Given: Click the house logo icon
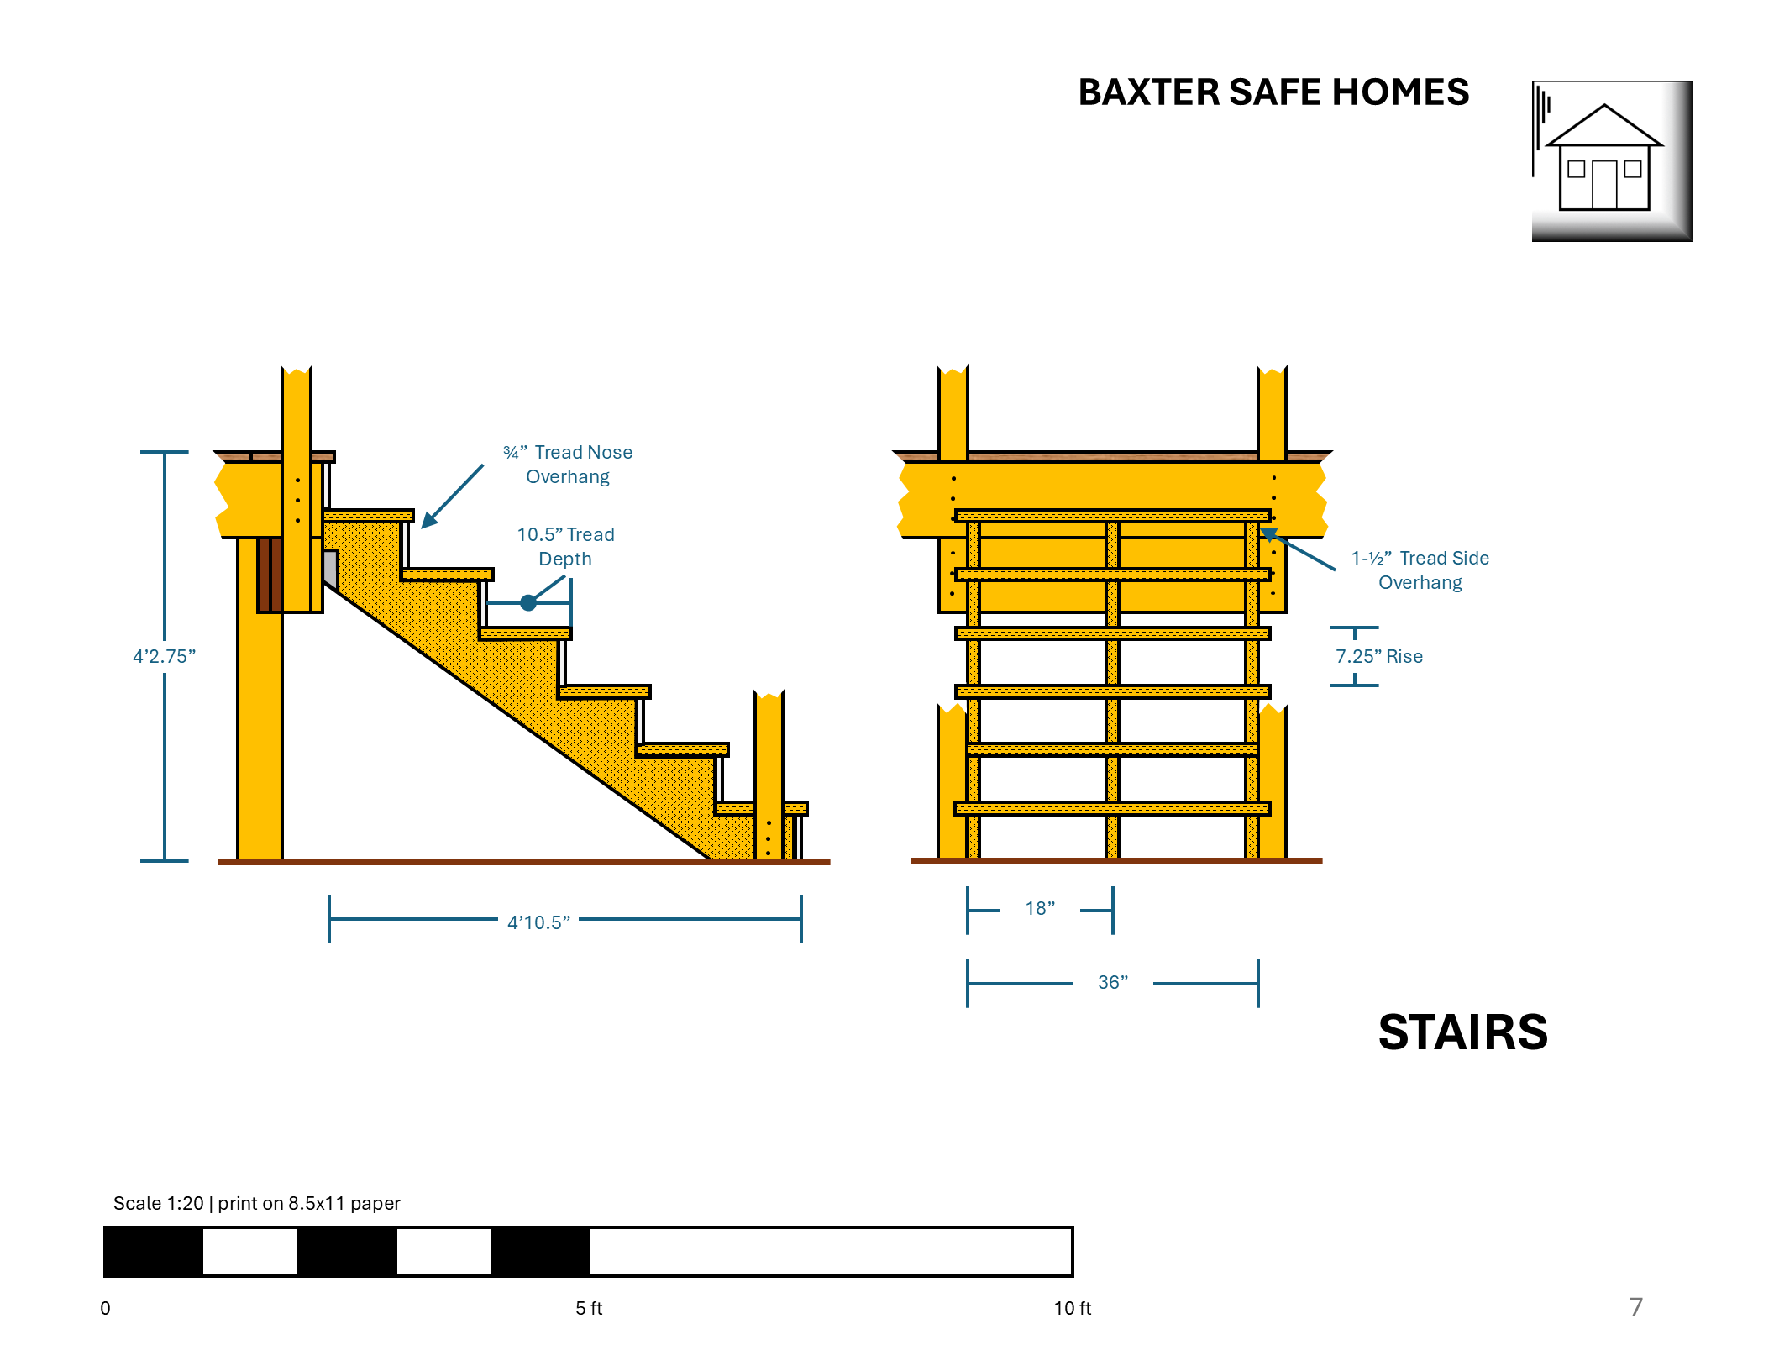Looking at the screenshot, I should [1611, 160].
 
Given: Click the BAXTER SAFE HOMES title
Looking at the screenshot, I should [1273, 92].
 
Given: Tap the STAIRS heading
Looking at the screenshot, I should [1462, 1032].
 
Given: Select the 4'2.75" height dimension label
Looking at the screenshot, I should [164, 656].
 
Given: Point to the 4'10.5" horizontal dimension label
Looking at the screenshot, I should [538, 922].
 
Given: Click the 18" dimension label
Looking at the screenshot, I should [1040, 908].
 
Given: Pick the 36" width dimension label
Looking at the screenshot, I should [1112, 982].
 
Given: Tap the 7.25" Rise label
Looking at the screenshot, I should [1379, 656].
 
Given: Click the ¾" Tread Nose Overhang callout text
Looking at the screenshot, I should [568, 464].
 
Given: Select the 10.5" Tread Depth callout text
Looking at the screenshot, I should [565, 546].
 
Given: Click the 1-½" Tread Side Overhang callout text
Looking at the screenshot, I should [1420, 570].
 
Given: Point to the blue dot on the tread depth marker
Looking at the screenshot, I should [528, 602].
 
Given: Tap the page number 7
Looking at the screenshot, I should [1635, 1307].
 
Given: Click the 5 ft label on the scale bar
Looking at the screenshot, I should [589, 1308].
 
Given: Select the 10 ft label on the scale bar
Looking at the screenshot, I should [1072, 1308].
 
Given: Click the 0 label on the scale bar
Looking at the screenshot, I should [105, 1308].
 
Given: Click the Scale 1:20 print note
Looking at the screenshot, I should [256, 1203].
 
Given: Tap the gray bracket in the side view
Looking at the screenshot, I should [331, 569].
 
